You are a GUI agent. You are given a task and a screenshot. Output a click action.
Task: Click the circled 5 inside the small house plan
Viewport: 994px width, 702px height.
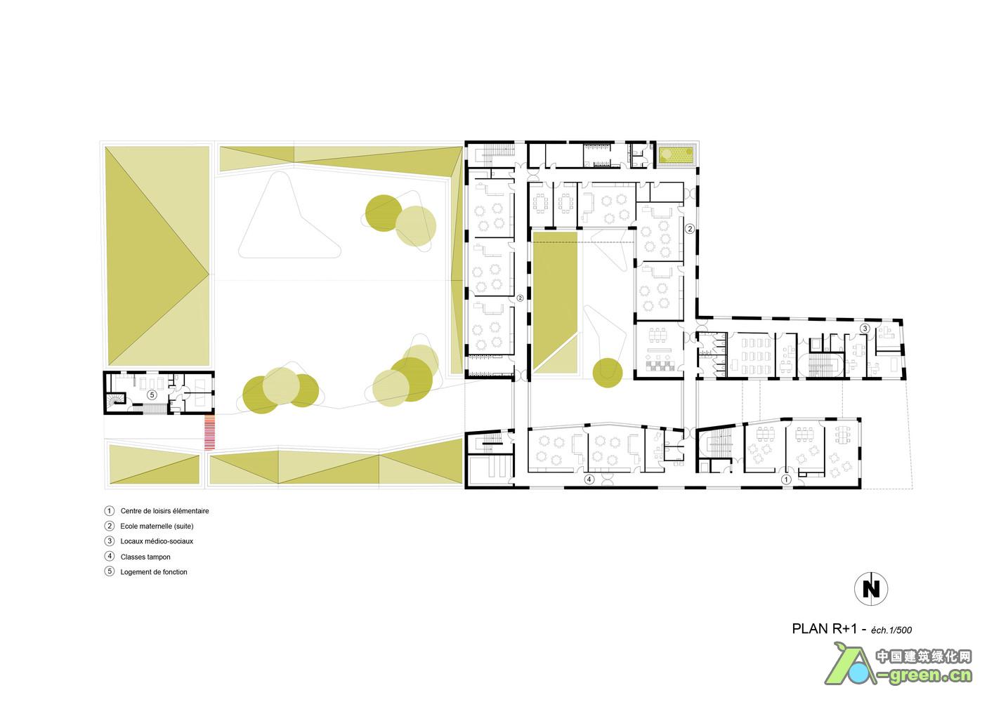point(152,395)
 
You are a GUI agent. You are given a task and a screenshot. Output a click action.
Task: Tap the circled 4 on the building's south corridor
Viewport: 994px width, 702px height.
point(589,479)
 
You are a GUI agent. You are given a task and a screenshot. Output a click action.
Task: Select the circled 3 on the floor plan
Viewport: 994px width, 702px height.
point(865,329)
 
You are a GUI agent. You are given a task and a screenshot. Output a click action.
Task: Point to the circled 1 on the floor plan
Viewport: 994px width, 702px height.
point(786,479)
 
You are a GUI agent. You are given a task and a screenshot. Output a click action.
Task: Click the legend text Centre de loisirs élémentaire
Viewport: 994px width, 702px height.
point(164,511)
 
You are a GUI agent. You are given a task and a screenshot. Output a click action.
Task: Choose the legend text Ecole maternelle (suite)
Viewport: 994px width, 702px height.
point(157,526)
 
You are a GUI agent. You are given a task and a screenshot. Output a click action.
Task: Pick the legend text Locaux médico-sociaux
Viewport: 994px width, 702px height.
point(157,541)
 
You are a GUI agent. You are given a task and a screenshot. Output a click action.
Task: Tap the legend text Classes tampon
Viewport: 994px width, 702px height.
point(145,557)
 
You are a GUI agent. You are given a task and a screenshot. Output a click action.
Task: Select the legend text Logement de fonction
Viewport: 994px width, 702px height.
point(154,572)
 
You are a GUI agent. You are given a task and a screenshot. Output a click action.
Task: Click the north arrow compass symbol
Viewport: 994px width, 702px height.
point(870,589)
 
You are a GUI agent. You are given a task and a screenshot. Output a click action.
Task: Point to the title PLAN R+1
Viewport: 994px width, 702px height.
point(825,628)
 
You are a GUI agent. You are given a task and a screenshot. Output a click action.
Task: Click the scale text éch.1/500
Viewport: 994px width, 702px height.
point(891,630)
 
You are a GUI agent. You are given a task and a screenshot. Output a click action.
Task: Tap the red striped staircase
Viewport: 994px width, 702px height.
point(209,432)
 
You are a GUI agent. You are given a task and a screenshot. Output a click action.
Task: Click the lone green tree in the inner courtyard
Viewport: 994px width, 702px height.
point(608,373)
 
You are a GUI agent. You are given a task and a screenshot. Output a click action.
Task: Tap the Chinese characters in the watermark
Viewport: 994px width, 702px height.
point(924,656)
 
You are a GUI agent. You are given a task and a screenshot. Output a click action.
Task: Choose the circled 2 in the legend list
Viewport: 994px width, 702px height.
point(109,526)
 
